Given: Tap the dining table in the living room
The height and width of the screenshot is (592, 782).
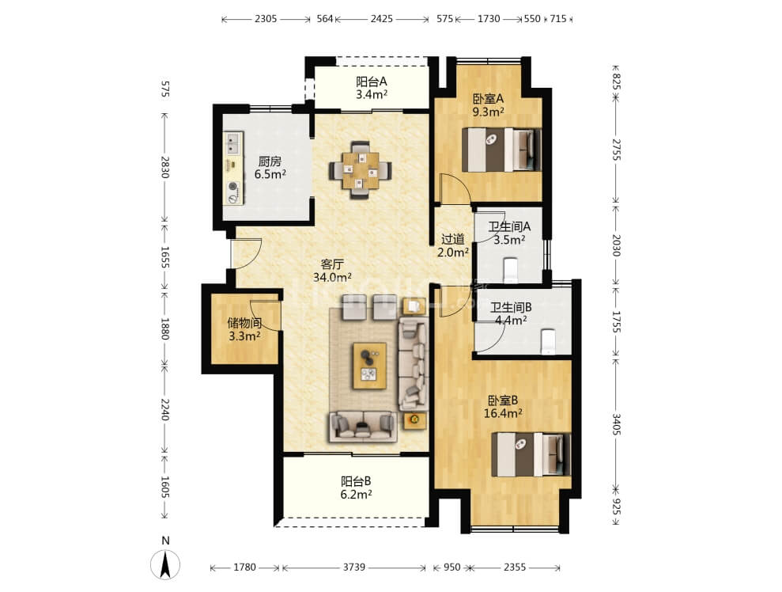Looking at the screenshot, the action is click(360, 170).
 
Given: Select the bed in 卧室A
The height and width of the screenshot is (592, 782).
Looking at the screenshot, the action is click(501, 150).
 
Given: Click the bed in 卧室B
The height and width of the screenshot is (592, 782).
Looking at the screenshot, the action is click(531, 454).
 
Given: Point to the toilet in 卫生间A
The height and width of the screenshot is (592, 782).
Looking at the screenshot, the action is click(512, 269).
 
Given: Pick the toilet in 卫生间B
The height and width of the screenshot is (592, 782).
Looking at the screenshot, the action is click(548, 341).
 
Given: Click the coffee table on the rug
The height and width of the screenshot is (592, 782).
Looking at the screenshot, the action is click(369, 366).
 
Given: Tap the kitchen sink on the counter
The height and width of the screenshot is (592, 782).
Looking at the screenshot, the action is click(233, 144).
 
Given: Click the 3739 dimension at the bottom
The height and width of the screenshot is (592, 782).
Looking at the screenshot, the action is click(354, 567).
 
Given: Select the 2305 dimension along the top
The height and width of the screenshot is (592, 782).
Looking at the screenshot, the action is click(266, 19).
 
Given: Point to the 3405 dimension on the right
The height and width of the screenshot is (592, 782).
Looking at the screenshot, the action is click(617, 423).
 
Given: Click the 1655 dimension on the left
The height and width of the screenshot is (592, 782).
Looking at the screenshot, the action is click(165, 256).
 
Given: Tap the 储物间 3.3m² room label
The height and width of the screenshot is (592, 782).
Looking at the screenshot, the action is click(244, 329).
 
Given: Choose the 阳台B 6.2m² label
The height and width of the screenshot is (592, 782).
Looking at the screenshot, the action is click(356, 488).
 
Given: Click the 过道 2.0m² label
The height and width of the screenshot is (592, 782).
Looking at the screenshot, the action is click(453, 245).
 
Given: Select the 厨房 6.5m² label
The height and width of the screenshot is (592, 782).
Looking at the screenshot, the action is click(270, 168).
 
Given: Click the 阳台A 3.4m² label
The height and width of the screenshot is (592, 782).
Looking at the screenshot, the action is click(372, 88).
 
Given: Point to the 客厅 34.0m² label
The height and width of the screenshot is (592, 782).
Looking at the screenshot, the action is click(332, 270).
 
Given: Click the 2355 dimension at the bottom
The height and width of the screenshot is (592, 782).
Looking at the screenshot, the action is click(515, 567).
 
